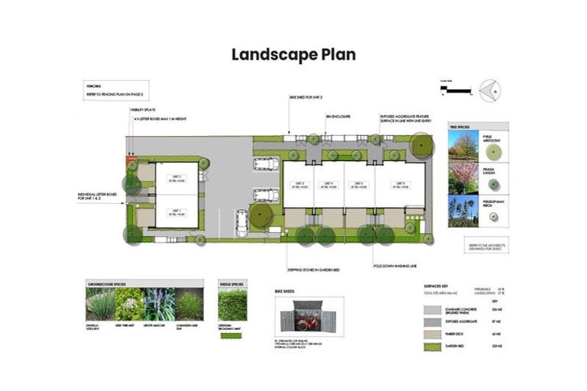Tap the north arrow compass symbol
pos(489,90)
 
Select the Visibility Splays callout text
pos(143,110)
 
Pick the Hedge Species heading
pos(232,284)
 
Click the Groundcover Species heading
pos(105,284)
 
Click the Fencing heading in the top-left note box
pos(94,87)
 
